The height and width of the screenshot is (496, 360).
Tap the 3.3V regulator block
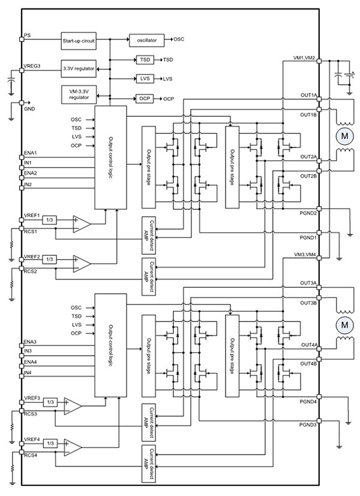coord(78,68)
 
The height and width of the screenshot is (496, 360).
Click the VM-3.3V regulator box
coord(78,94)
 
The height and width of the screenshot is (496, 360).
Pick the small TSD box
coord(145,60)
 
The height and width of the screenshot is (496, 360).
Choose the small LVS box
coord(145,79)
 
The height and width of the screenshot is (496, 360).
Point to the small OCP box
coord(145,98)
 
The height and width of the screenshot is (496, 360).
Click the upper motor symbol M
coord(344,136)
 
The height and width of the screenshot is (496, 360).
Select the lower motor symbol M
coord(344,324)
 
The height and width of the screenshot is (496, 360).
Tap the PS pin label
coord(27,35)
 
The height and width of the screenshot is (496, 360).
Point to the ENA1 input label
coord(31,152)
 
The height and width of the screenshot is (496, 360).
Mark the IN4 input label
coord(28,372)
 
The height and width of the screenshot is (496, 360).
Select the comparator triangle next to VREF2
coord(81,263)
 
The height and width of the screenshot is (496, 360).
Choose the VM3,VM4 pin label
coord(308,254)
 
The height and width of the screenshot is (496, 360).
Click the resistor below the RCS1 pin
coord(11,247)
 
